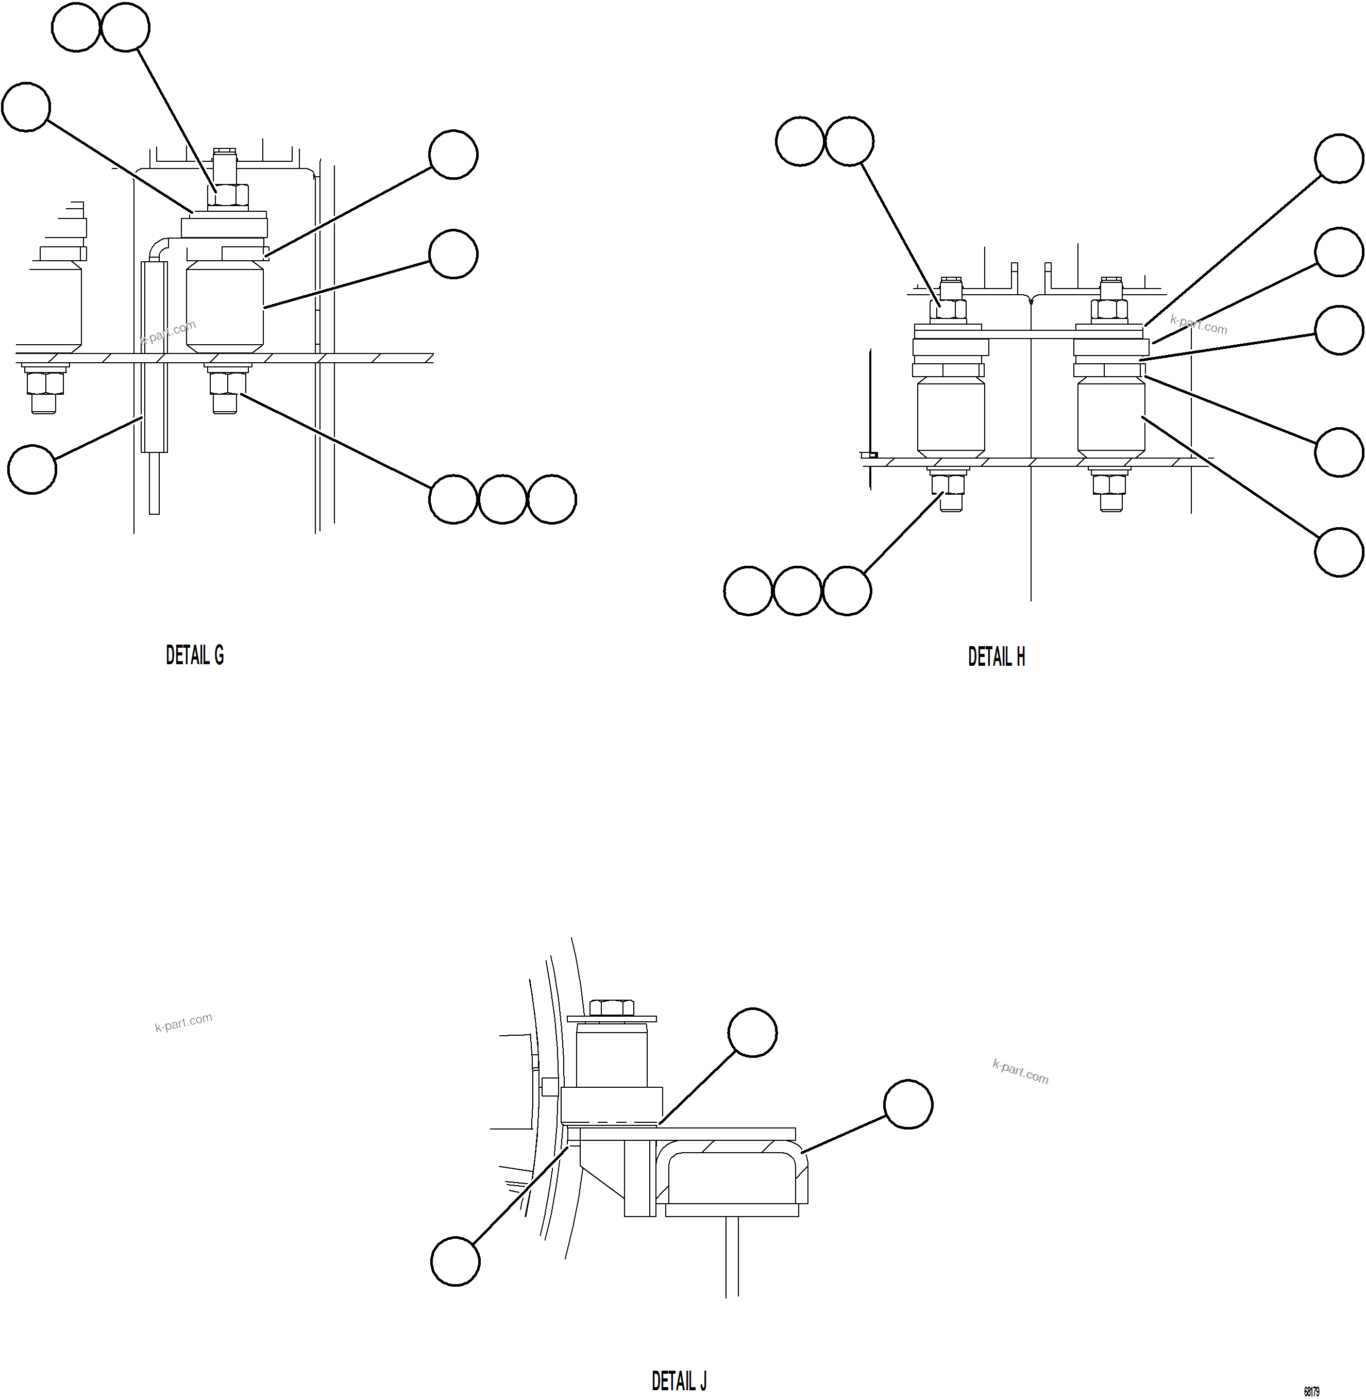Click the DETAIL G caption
tap(194, 655)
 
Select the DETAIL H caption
tap(996, 656)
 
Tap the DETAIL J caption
tap(679, 1381)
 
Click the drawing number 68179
tap(1311, 1392)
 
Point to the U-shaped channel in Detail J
tap(732, 1176)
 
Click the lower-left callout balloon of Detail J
tap(455, 1261)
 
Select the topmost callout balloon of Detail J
tap(752, 1033)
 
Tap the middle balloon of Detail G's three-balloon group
tap(502, 499)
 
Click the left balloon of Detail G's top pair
tap(76, 27)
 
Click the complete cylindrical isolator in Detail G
tap(225, 307)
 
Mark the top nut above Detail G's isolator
tap(227, 195)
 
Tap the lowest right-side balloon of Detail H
tap(1339, 552)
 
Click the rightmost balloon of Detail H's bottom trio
tap(847, 591)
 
